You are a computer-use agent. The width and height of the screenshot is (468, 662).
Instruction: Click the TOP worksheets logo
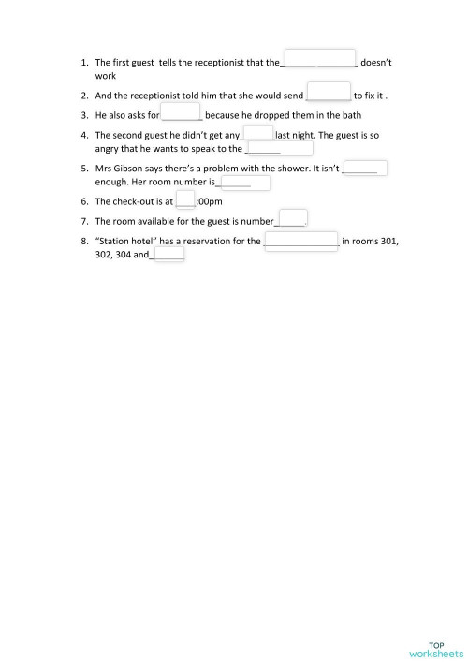click(x=435, y=624)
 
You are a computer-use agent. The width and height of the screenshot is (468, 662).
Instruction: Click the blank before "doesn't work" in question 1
click(x=319, y=59)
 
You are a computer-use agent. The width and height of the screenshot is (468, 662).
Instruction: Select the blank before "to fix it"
click(x=329, y=92)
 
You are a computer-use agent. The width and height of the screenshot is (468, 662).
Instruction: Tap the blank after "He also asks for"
click(x=182, y=112)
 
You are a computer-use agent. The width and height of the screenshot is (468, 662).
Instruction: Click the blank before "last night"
click(x=257, y=133)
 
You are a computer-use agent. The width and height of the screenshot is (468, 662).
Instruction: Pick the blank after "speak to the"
click(x=278, y=149)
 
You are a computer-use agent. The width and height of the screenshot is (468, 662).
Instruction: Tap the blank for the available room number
click(x=293, y=218)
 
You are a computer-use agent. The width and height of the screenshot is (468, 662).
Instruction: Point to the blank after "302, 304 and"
click(x=168, y=254)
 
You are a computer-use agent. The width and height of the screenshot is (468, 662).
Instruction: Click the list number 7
click(x=85, y=221)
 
